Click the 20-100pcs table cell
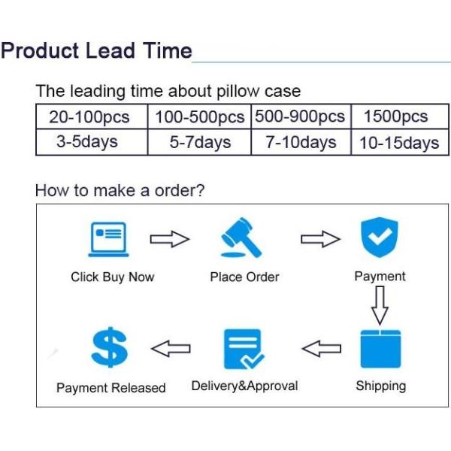(x=92, y=117)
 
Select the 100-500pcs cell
(x=199, y=117)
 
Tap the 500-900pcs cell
(x=301, y=117)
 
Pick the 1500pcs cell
(x=400, y=117)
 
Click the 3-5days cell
(x=92, y=142)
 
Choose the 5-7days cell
(x=199, y=142)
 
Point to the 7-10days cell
(x=301, y=142)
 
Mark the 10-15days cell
(x=400, y=142)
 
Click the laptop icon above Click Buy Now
(x=108, y=239)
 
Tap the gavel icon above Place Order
(x=241, y=238)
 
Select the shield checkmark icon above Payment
(x=380, y=237)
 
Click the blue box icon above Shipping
(x=380, y=349)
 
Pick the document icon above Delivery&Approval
(x=244, y=349)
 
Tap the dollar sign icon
(x=109, y=347)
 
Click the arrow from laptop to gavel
(x=170, y=239)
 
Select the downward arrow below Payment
(x=380, y=305)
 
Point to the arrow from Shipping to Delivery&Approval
(x=322, y=349)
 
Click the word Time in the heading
(x=168, y=50)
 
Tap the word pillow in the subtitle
(x=238, y=91)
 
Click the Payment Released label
(x=111, y=388)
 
